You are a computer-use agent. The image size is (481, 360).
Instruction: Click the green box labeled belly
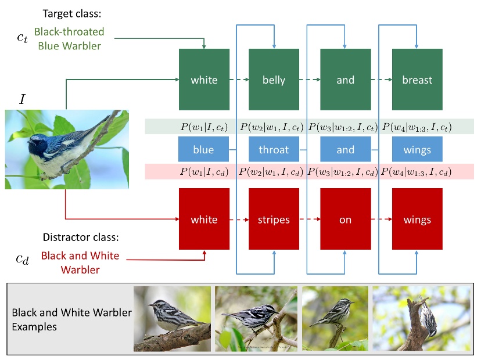tap(274, 80)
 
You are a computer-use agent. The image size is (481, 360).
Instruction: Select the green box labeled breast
tap(417, 80)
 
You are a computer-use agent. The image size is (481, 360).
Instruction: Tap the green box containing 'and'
tap(345, 80)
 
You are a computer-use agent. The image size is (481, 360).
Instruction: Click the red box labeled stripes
tap(274, 220)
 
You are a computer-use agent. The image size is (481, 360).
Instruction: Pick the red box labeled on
tap(345, 220)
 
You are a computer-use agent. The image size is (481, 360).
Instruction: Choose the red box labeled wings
tap(417, 220)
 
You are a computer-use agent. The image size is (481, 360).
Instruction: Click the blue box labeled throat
tap(274, 150)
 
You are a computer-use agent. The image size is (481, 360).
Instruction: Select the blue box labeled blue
tap(203, 150)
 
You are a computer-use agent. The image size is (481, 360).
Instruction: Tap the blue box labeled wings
tap(417, 150)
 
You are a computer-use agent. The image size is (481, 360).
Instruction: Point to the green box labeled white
tap(203, 80)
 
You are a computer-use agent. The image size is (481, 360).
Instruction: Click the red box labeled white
tap(203, 220)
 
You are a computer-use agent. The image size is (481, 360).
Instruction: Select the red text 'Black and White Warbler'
tap(80, 262)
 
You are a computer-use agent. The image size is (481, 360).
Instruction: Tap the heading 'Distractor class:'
tap(81, 237)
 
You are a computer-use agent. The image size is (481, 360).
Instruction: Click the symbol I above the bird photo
tap(22, 99)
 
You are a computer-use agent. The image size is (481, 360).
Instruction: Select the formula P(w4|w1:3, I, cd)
tap(417, 172)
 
